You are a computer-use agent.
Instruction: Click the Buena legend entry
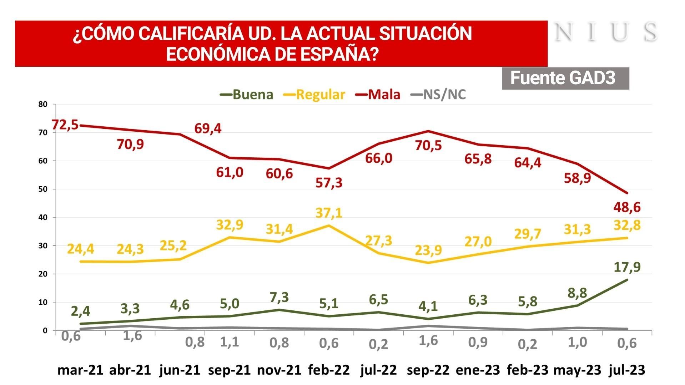247,95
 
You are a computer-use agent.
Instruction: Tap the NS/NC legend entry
439,95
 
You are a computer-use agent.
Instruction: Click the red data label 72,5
65,125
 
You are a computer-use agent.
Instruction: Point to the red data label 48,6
627,207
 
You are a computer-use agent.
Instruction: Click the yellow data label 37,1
329,213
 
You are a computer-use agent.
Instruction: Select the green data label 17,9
627,267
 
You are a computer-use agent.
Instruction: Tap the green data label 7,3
279,297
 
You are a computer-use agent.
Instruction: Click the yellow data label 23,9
428,250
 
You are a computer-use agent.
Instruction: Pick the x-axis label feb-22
329,370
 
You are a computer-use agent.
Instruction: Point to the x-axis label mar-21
80,370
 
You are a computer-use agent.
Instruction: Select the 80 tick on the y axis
43,105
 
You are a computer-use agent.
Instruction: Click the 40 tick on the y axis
43,217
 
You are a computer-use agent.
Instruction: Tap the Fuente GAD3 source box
565,78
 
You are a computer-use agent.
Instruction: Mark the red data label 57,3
329,183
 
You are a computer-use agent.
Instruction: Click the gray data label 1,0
577,342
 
